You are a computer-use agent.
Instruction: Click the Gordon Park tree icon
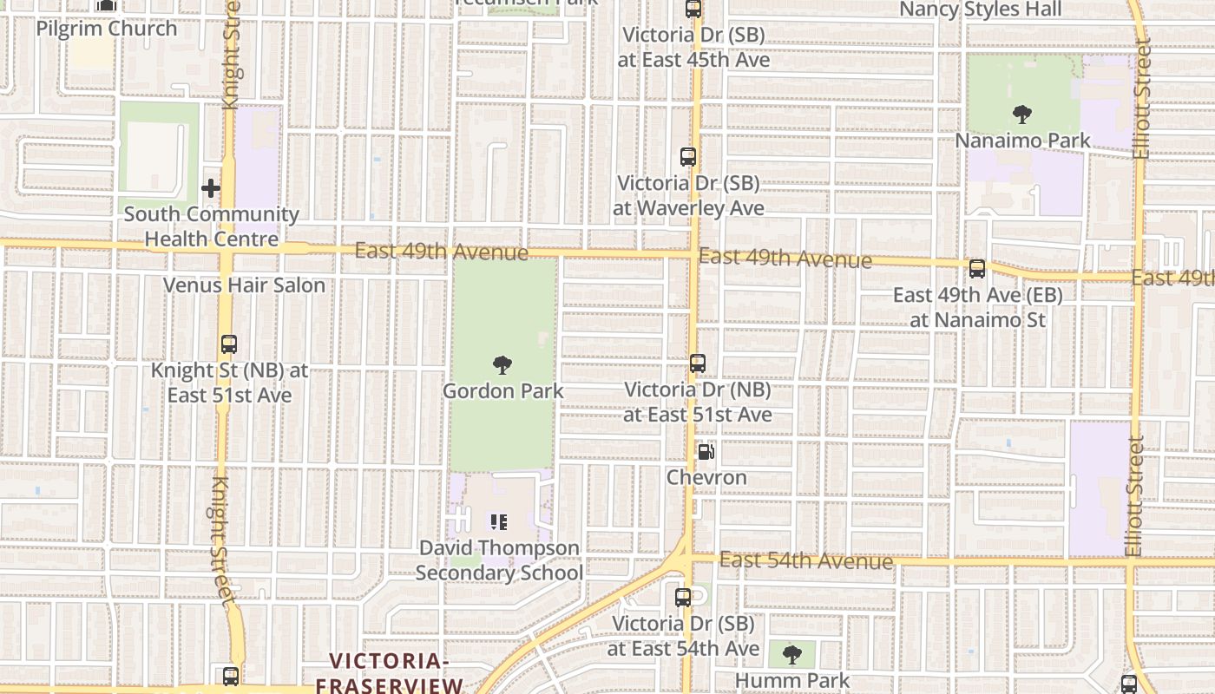point(502,365)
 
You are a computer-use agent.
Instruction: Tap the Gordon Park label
point(502,391)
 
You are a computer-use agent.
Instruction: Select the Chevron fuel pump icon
point(706,452)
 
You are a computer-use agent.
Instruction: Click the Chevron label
point(706,477)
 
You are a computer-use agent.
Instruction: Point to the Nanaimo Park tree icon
point(1022,114)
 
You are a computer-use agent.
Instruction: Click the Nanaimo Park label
point(1022,140)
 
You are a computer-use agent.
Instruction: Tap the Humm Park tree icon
point(791,654)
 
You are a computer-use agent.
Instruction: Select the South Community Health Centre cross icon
point(211,187)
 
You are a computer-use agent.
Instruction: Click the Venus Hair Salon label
point(245,285)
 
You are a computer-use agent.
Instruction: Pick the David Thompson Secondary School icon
point(499,522)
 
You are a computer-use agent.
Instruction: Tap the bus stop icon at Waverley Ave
point(688,157)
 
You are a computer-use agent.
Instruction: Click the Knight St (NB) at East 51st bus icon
point(229,344)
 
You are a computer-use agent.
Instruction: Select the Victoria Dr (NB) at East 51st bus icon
point(698,363)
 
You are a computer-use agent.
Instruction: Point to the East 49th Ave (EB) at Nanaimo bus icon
point(977,269)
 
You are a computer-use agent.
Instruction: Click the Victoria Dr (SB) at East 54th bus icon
point(683,598)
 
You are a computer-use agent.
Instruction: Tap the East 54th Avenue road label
point(805,560)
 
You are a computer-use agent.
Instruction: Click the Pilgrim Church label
point(106,29)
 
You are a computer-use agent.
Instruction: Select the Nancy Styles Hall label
point(980,10)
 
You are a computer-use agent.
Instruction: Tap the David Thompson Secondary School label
point(499,560)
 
